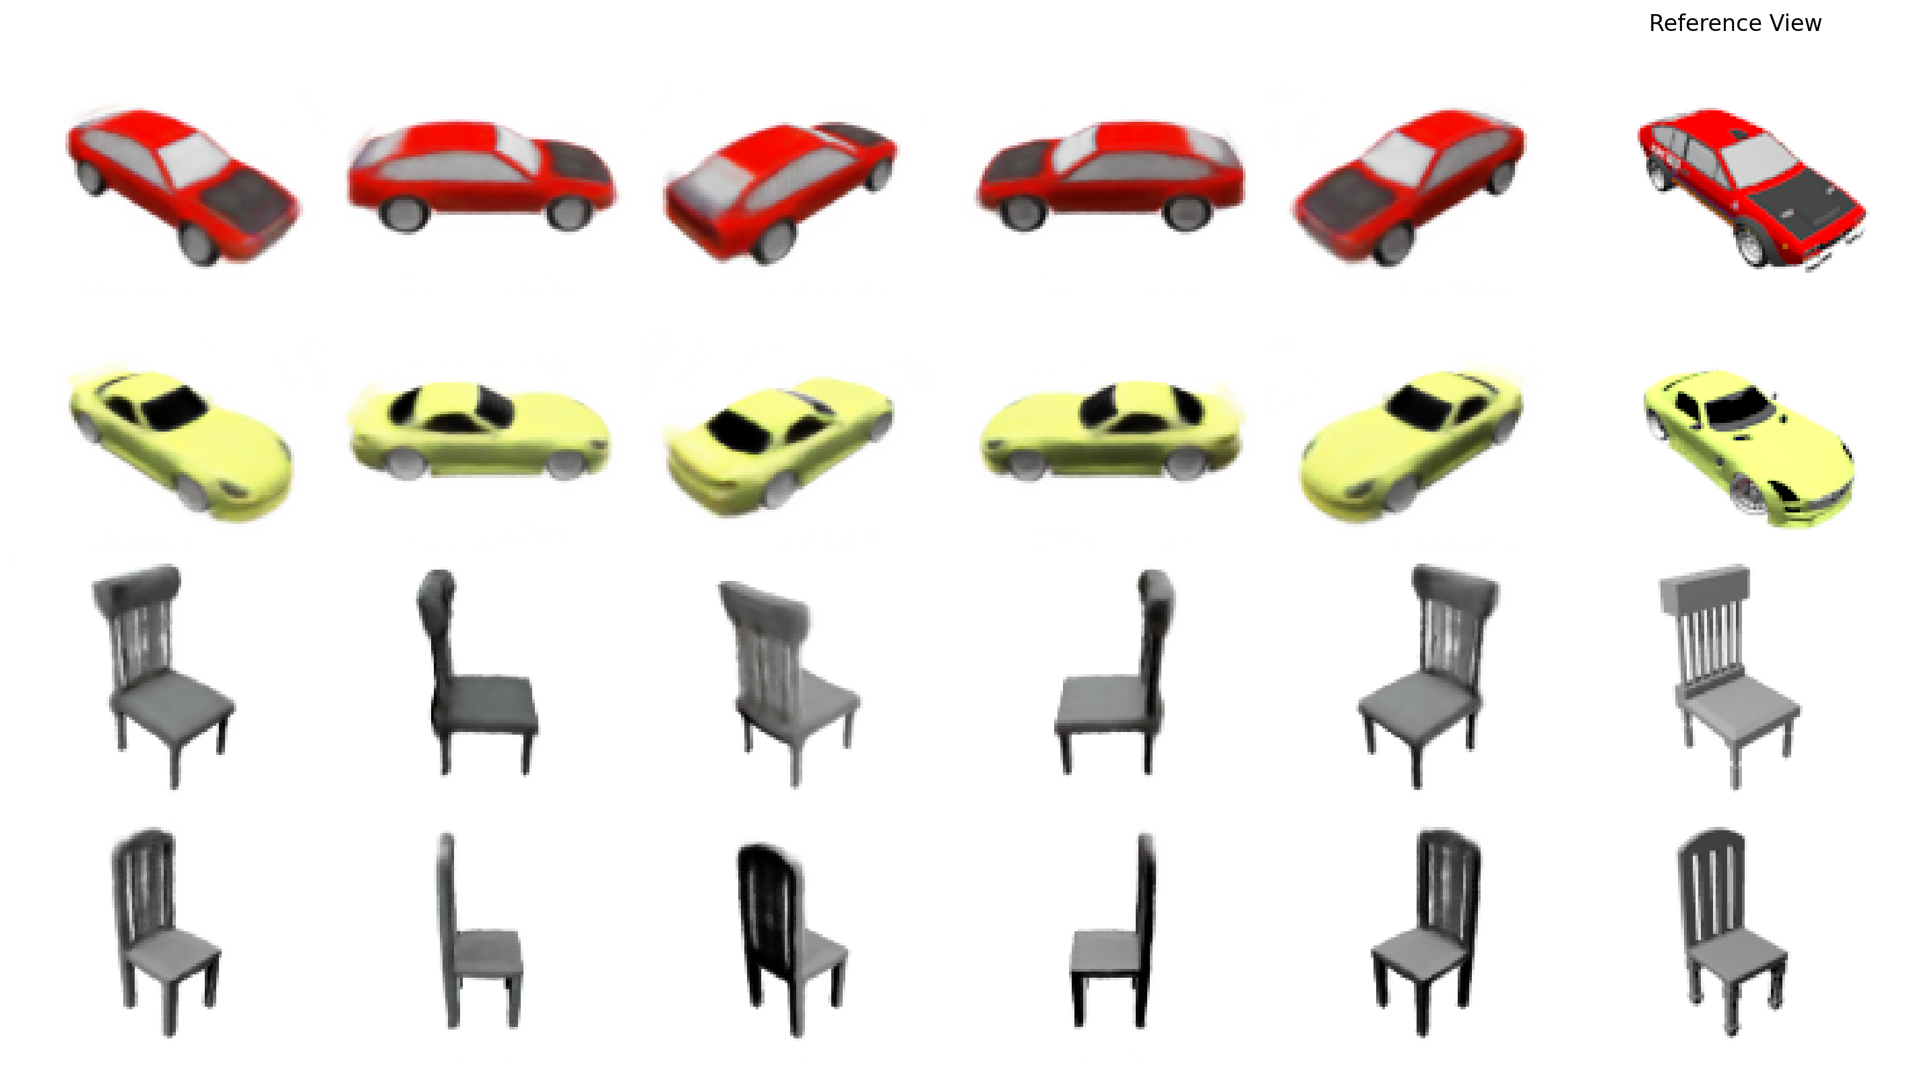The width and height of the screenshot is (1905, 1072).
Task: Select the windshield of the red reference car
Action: pyautogui.click(x=1760, y=163)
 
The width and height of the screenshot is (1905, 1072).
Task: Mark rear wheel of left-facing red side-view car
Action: pyautogui.click(x=1186, y=212)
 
